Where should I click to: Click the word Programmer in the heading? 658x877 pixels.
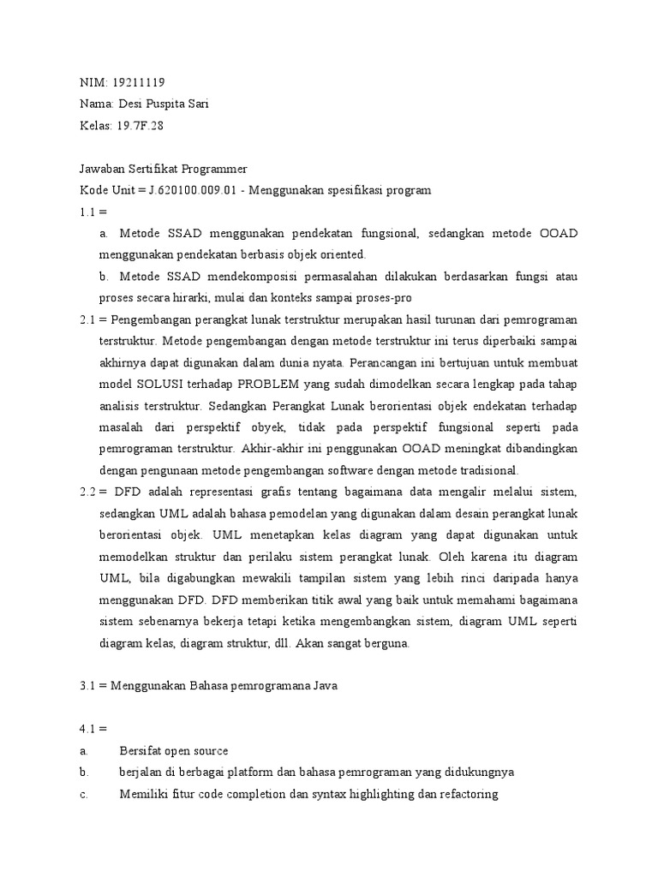[x=214, y=170]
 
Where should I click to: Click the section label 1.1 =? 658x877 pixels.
[x=90, y=211]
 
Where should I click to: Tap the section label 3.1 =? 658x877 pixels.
[x=90, y=686]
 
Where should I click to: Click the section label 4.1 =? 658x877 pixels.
[x=90, y=729]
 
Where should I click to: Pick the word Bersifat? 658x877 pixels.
[x=141, y=751]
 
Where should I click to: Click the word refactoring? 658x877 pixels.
[x=467, y=794]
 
